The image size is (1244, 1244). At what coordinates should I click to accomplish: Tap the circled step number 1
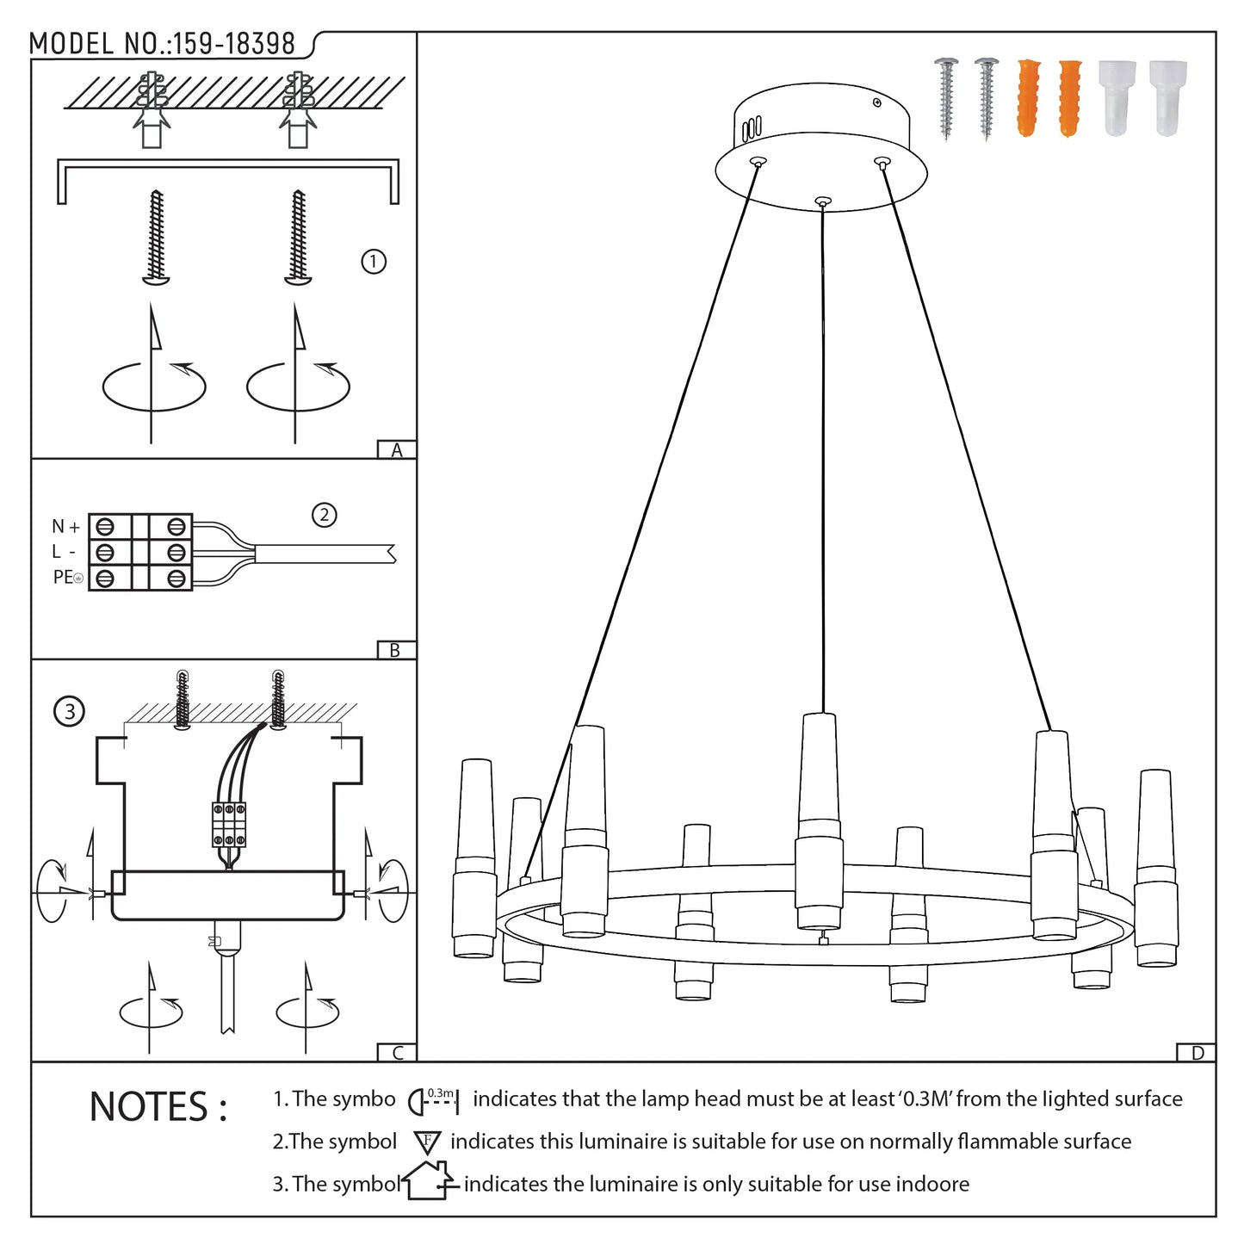pos(374,261)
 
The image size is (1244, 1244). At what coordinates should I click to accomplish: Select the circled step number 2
pos(324,516)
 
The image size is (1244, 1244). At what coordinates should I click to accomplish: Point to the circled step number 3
pos(70,712)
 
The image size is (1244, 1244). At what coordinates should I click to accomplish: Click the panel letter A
pos(397,450)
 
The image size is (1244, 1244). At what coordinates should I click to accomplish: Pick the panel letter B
pos(395,651)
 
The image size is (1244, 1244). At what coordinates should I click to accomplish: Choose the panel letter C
pos(397,1053)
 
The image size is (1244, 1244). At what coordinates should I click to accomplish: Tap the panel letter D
pos(1197,1053)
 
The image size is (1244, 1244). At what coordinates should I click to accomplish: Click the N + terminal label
pos(66,526)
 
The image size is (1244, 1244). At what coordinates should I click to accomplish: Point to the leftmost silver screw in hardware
pos(947,97)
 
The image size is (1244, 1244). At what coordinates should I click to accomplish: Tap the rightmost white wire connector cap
pos(1168,97)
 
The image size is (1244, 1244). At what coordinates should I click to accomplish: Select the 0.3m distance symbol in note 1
pos(434,1099)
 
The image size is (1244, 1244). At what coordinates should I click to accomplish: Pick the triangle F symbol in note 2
pos(427,1142)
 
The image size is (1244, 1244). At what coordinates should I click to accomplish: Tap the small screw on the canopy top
pos(877,103)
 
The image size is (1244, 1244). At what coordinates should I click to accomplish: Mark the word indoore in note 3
pos(932,1185)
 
